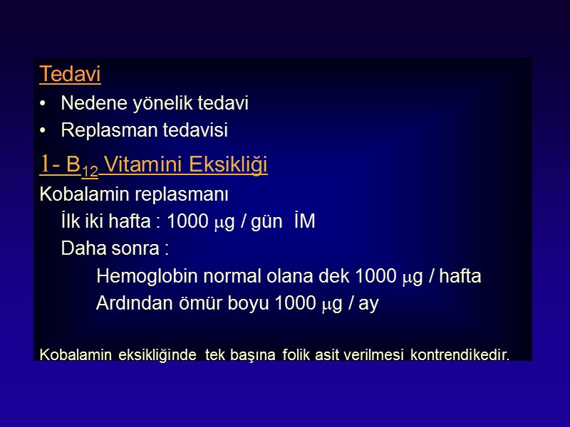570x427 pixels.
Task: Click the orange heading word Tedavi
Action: (70, 73)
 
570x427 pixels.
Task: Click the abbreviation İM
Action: (304, 221)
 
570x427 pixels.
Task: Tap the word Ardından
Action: (129, 304)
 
